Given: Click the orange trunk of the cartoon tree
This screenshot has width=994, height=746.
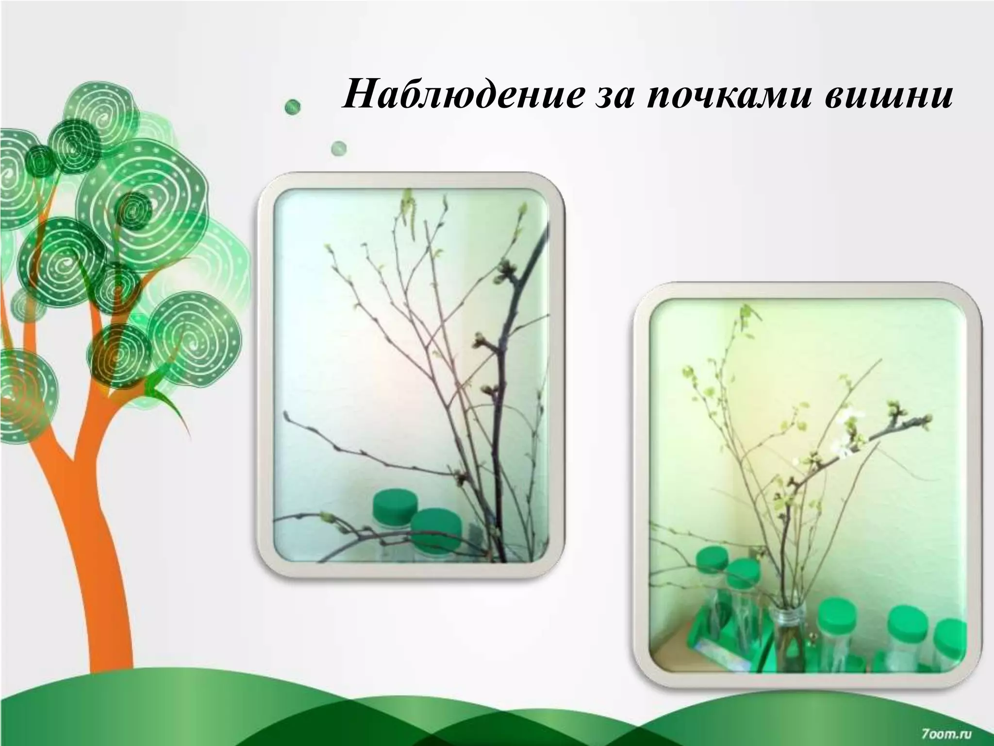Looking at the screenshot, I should (102, 559).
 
